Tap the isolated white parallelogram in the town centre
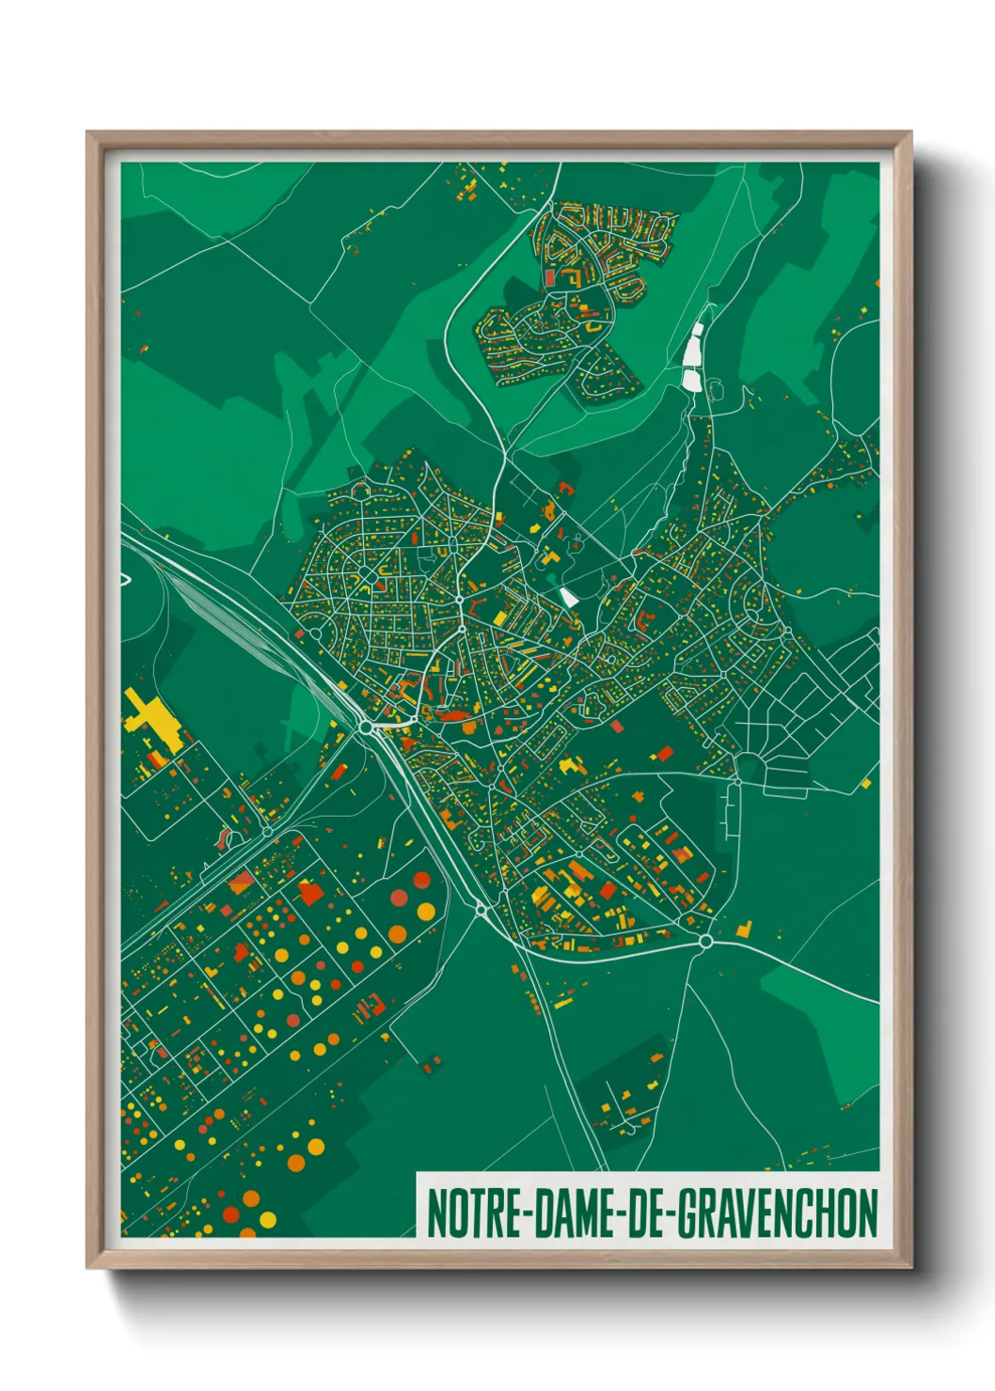[569, 597]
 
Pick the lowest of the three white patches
[691, 379]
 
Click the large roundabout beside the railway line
[365, 727]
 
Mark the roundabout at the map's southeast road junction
[705, 941]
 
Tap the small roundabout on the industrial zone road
[267, 831]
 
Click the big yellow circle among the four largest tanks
[426, 912]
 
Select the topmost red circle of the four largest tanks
[422, 880]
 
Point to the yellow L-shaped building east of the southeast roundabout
[745, 930]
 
